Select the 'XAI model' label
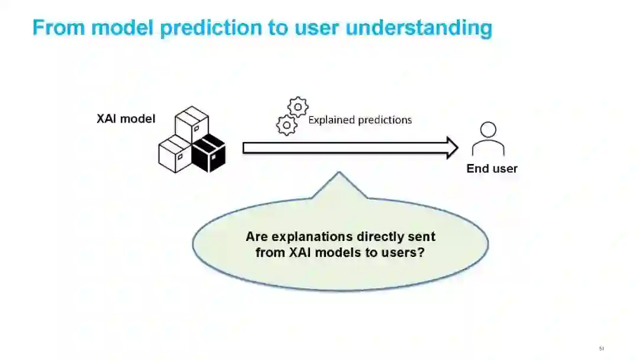coord(126,119)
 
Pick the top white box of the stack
coord(192,124)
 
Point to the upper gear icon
coord(298,107)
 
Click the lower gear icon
coord(287,124)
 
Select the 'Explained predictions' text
coord(360,120)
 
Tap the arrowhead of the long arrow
coord(452,147)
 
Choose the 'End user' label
coord(492,169)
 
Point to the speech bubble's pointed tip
coord(339,174)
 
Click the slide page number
coord(602,348)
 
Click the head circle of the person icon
coord(488,130)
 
